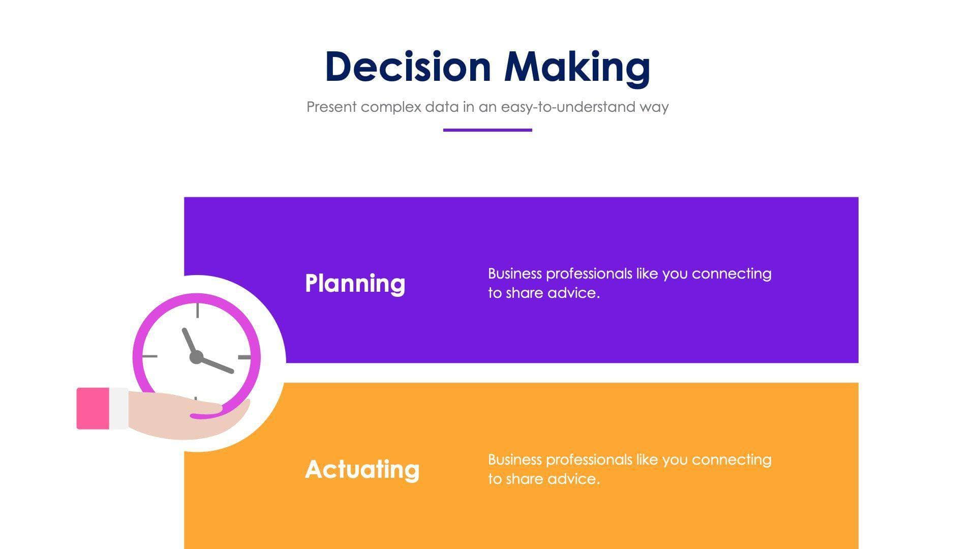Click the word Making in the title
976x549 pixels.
click(x=577, y=67)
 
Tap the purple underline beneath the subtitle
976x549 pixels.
click(x=487, y=130)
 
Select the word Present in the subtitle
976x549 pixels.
click(x=331, y=107)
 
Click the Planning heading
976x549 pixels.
click(x=355, y=283)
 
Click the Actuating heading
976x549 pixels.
click(x=362, y=469)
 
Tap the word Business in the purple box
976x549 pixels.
click(x=514, y=273)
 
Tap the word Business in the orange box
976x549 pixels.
click(x=514, y=460)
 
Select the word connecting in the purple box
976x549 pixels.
click(x=731, y=273)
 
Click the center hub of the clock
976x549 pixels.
click(x=196, y=357)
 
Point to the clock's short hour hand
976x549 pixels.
click(x=189, y=341)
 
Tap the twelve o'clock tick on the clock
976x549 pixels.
click(x=197, y=311)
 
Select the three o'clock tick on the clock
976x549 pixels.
click(x=245, y=357)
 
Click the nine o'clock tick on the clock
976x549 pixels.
click(x=149, y=356)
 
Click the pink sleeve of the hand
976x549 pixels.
click(x=93, y=408)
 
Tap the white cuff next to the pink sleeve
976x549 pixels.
click(x=118, y=408)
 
